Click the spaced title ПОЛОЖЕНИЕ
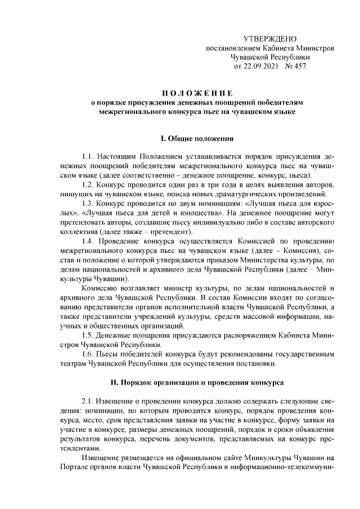click(196, 93)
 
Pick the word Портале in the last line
click(73, 466)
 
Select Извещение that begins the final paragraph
click(102, 457)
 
